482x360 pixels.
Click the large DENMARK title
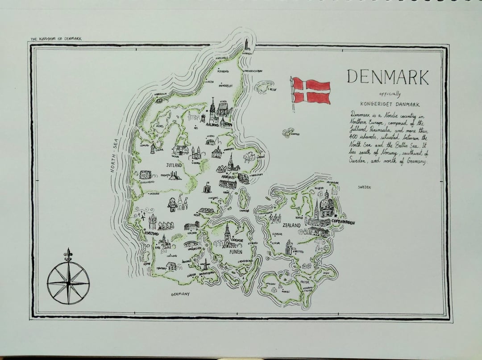coord(387,77)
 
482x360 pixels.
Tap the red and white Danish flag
coord(312,91)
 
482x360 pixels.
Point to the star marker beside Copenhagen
coord(335,216)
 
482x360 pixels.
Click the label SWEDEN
coord(364,187)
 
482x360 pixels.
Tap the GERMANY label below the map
coord(180,294)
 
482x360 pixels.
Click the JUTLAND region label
coord(174,165)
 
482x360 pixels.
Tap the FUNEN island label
coord(235,252)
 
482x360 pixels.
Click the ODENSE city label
coord(237,240)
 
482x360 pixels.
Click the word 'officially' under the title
coord(390,94)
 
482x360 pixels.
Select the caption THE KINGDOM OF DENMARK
coord(56,39)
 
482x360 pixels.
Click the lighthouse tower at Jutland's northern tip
coord(246,45)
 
